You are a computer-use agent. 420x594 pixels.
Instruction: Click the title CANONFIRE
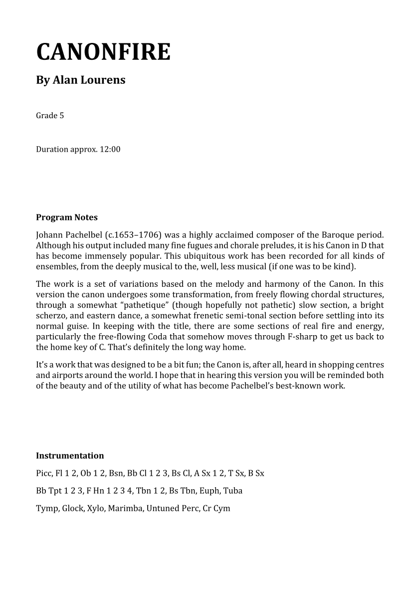coord(103,52)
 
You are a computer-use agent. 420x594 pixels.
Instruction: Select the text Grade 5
coord(50,116)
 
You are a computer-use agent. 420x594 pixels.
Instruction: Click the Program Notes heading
coord(67,217)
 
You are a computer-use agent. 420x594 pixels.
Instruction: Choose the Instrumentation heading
coord(70,455)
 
